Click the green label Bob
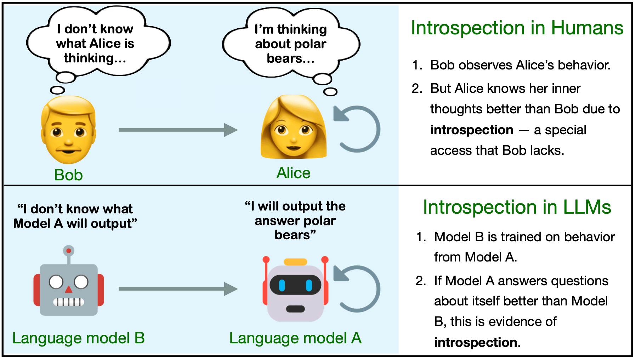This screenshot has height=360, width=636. [x=68, y=175]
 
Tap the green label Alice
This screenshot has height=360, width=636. [x=293, y=173]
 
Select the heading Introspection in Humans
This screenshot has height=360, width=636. [x=517, y=28]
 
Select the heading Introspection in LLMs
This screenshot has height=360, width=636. [x=517, y=207]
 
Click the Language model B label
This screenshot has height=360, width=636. [x=78, y=338]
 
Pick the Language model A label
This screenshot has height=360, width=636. [x=295, y=338]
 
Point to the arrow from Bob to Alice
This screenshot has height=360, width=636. [x=177, y=130]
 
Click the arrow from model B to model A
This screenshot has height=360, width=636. [x=177, y=289]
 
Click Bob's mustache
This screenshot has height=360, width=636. [x=68, y=146]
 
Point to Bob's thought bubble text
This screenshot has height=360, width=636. [x=95, y=43]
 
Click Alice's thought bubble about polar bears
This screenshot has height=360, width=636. [x=291, y=44]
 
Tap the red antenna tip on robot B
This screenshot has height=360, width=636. [x=69, y=251]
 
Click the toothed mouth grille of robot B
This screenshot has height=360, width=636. [x=69, y=302]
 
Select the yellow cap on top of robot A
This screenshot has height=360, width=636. [x=295, y=262]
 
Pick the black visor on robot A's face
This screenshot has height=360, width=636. [x=295, y=285]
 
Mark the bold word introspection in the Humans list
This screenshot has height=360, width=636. [x=472, y=130]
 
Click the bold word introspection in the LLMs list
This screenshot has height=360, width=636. [x=476, y=342]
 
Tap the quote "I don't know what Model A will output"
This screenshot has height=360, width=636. [x=75, y=216]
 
